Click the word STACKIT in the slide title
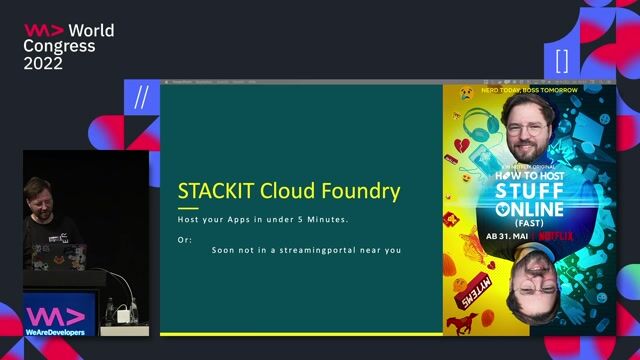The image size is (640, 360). [216, 190]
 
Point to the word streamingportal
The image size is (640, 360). [332, 249]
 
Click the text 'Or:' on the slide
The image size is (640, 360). [184, 238]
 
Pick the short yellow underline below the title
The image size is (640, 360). [188, 208]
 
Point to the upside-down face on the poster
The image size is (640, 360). [535, 289]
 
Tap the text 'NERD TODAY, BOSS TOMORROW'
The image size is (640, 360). [530, 90]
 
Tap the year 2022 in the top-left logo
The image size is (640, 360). [43, 63]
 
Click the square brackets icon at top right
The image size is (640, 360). [562, 57]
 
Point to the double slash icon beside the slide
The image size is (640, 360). [141, 97]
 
